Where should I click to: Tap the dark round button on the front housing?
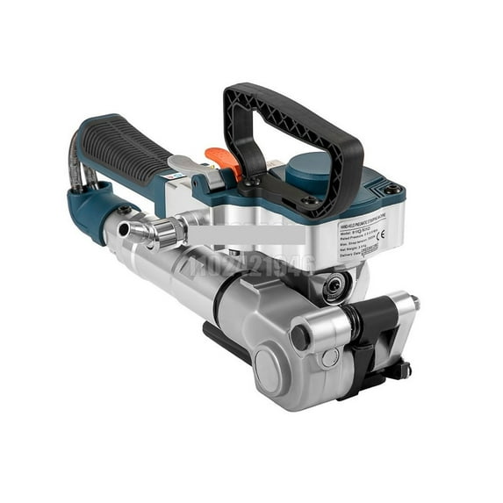pyautogui.click(x=301, y=336)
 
